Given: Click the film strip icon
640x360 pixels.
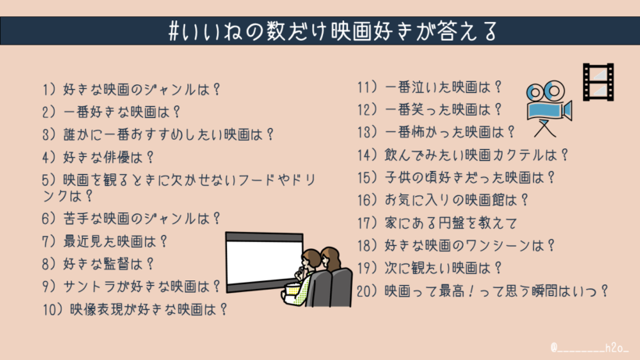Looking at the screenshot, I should pos(597,83).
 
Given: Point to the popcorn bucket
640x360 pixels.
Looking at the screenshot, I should pos(297,290).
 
